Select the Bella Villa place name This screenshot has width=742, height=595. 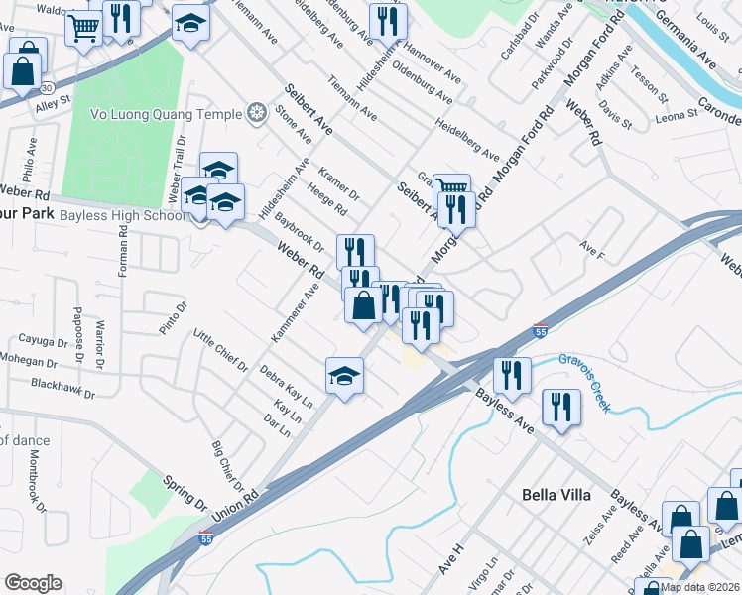click(556, 494)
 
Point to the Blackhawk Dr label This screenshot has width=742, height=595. click(62, 389)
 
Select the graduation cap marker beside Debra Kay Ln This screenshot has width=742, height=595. click(344, 376)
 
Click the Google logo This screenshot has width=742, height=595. click(33, 583)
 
